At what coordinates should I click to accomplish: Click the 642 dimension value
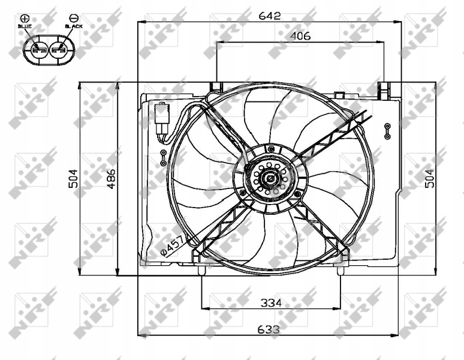269,16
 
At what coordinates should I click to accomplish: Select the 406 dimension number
300,36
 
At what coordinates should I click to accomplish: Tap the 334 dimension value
271,302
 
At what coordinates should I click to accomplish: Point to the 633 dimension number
269,329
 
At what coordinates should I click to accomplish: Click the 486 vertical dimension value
112,179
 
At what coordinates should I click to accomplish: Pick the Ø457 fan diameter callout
173,245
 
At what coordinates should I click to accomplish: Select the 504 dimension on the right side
430,179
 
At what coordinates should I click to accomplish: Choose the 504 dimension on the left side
73,179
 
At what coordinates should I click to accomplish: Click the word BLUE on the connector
25,26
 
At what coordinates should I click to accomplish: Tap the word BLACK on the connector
74,26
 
